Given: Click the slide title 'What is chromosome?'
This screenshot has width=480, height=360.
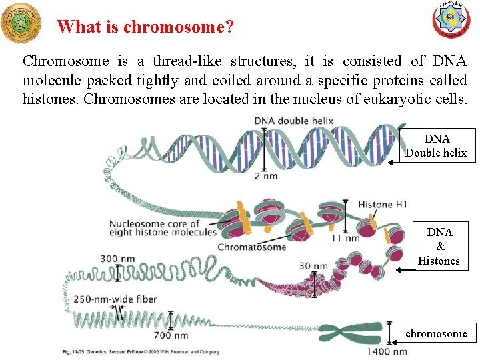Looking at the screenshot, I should pyautogui.click(x=145, y=27).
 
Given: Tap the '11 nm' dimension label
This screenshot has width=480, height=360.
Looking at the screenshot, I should pyautogui.click(x=345, y=238).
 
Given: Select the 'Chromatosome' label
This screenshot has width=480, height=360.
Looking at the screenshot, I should pyautogui.click(x=252, y=247).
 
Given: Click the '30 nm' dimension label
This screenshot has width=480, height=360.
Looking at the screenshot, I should pyautogui.click(x=313, y=266).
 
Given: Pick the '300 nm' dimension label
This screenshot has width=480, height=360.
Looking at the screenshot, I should pyautogui.click(x=117, y=258).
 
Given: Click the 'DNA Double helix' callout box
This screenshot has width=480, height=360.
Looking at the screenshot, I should pyautogui.click(x=437, y=146).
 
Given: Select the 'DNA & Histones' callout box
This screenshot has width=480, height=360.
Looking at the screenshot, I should pyautogui.click(x=439, y=247).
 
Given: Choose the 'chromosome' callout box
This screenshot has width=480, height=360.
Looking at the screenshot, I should pyautogui.click(x=436, y=333).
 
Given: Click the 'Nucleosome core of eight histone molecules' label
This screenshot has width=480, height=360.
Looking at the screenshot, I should pyautogui.click(x=163, y=227).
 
